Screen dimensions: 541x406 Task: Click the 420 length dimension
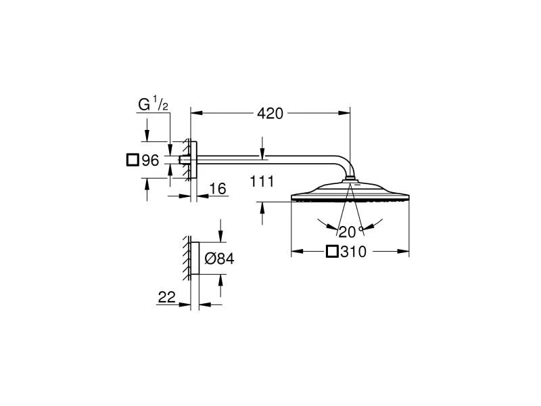[270, 113]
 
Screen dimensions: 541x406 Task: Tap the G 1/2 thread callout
[154, 104]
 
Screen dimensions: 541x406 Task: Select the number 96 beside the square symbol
[150, 160]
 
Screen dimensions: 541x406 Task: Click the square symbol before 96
[133, 160]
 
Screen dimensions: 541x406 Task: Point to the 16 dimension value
[218, 189]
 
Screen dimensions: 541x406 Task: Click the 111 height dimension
[262, 181]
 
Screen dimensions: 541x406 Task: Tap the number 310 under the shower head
[353, 252]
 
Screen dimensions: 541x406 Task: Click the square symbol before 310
[332, 251]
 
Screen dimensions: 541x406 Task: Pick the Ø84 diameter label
[219, 258]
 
